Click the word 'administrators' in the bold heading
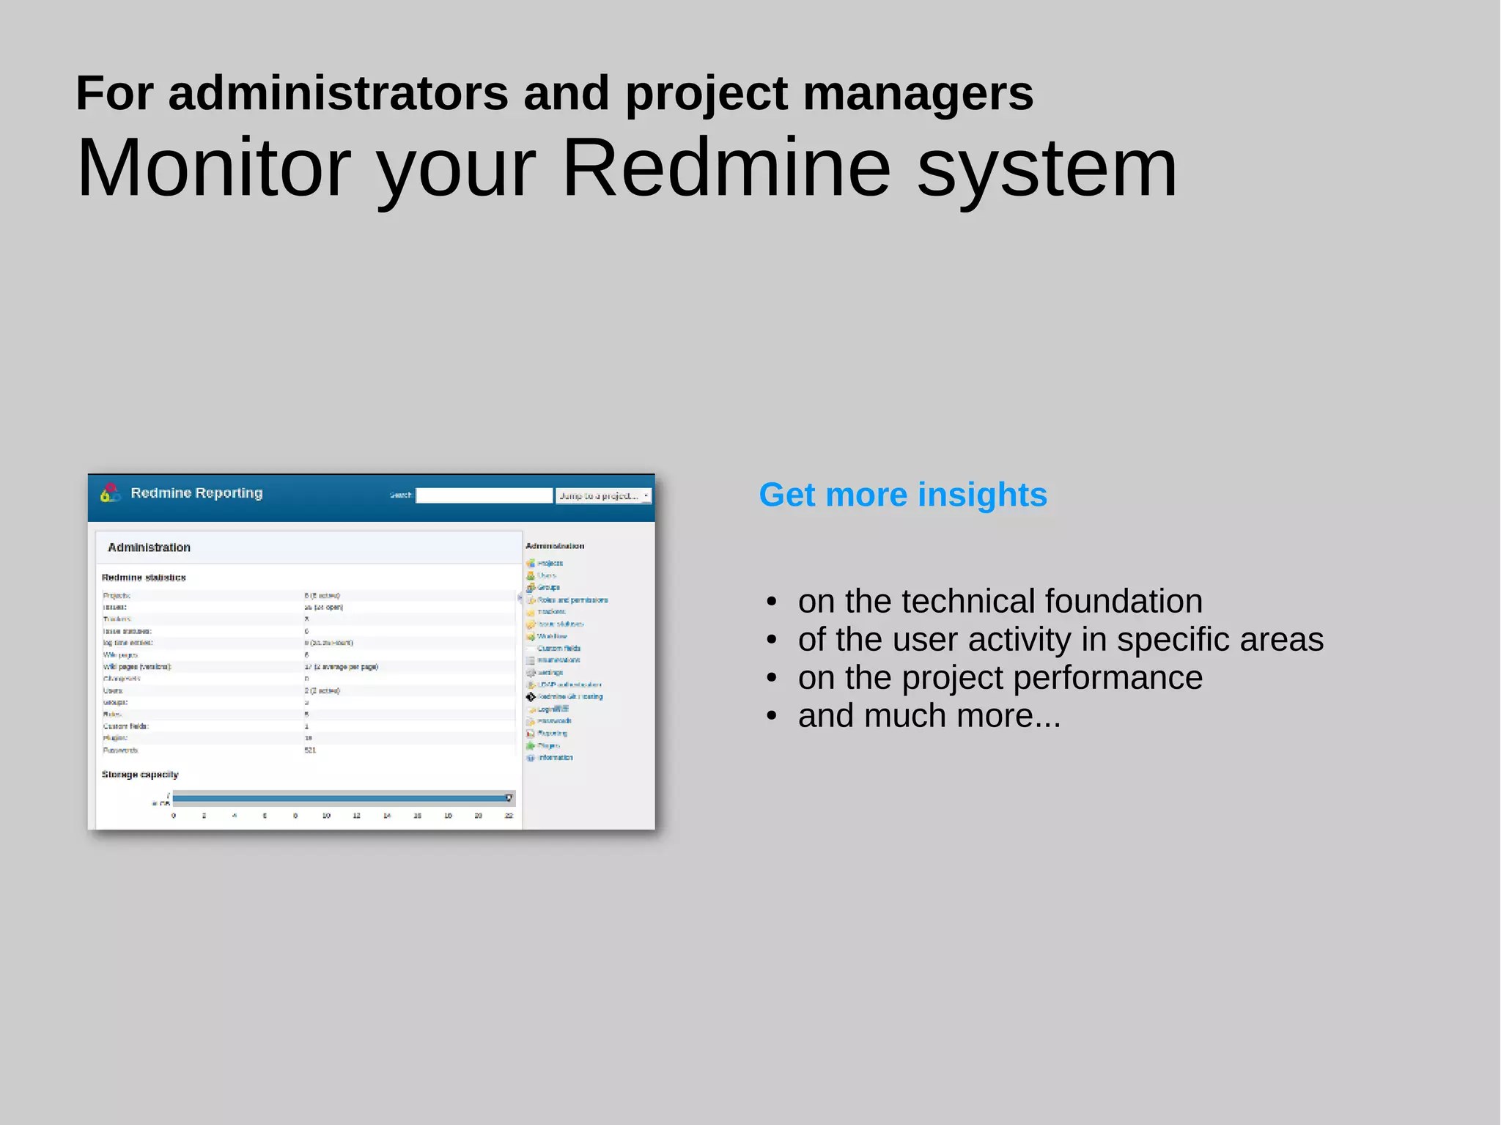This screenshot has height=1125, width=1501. (x=339, y=94)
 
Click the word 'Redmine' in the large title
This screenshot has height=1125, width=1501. (x=726, y=169)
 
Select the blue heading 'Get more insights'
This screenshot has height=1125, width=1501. (x=903, y=495)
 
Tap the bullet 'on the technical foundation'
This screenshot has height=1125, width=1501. (x=1000, y=601)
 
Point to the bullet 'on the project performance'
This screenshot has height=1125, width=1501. (x=1000, y=678)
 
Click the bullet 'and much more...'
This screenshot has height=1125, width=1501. (x=929, y=716)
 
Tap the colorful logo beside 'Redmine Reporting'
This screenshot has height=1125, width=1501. (x=110, y=493)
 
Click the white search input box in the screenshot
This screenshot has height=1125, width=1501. (x=484, y=496)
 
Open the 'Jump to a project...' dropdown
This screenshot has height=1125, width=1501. (x=602, y=496)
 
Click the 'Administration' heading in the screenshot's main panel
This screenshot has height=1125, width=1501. (x=149, y=547)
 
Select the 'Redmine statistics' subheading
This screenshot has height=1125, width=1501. (x=144, y=578)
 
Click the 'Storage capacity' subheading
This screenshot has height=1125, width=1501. (x=140, y=775)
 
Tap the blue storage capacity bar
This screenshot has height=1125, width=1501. (x=341, y=798)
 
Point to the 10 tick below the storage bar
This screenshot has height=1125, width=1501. (x=326, y=816)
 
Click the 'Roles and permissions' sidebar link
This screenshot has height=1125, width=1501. (x=572, y=600)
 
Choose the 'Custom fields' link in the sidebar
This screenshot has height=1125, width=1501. (x=559, y=649)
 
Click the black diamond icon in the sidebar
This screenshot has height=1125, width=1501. (x=531, y=697)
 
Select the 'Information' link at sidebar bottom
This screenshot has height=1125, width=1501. (x=555, y=758)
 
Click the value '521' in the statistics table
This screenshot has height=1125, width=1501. (x=310, y=750)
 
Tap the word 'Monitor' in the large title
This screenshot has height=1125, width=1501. (x=214, y=169)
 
